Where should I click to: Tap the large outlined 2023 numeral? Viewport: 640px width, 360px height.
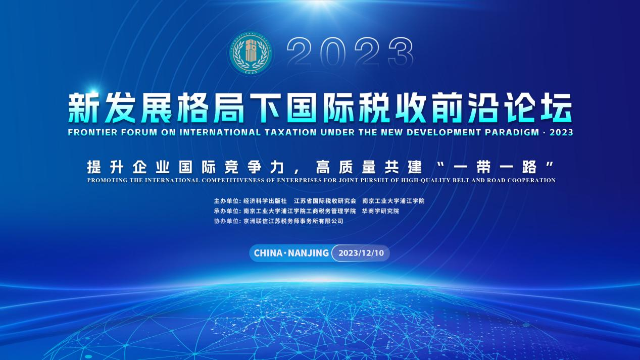pos(350,52)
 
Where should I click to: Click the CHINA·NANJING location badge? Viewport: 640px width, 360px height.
pos(291,253)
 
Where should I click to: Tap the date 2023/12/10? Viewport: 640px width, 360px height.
pos(361,253)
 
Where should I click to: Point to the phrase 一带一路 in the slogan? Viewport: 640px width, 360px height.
pos(495,167)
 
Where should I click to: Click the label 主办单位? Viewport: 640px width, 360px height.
pos(226,201)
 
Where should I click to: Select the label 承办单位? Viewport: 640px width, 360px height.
pos(226,211)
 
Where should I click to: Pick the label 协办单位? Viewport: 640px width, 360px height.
pos(226,221)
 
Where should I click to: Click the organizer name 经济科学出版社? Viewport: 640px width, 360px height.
pos(265,201)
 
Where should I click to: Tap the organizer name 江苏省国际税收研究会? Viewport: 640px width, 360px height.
pos(325,201)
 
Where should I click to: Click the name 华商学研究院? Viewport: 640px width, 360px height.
pos(380,211)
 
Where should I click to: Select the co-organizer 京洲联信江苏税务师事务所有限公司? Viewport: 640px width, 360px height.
pos(293,221)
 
